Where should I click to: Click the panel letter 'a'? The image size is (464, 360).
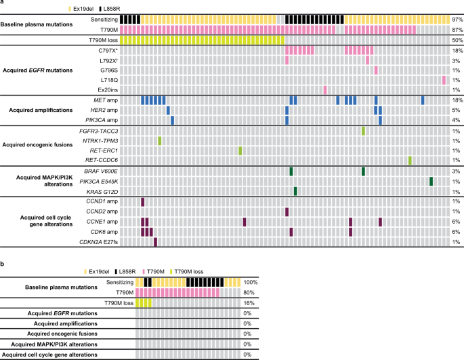3,3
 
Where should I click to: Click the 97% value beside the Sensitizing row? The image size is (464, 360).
457,20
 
